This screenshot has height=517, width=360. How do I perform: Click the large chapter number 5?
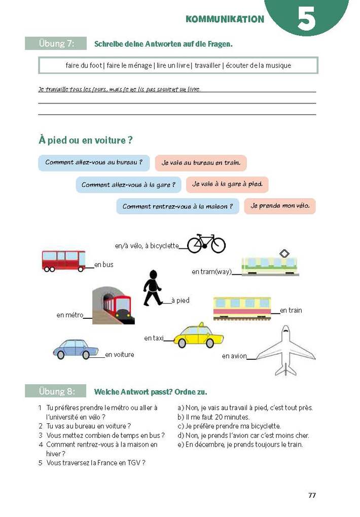point(306,19)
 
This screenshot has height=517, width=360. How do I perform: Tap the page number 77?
point(312,495)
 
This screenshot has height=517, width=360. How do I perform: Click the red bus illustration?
point(63,261)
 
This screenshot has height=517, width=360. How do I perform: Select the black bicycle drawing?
point(206,243)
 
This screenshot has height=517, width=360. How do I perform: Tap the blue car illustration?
point(76,349)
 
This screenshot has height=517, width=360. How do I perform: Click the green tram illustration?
point(270,264)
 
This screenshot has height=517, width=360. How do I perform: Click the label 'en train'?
point(291,310)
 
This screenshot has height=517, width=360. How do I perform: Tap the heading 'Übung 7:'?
point(56,44)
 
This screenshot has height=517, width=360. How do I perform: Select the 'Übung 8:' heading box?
point(56,391)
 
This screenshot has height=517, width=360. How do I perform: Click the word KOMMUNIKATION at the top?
point(225,19)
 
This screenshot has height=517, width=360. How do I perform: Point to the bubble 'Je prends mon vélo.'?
point(279,206)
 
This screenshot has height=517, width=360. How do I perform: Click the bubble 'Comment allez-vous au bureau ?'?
point(94,163)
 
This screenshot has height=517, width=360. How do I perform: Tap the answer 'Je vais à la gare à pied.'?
point(227,184)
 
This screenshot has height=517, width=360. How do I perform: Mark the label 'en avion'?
point(234,356)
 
